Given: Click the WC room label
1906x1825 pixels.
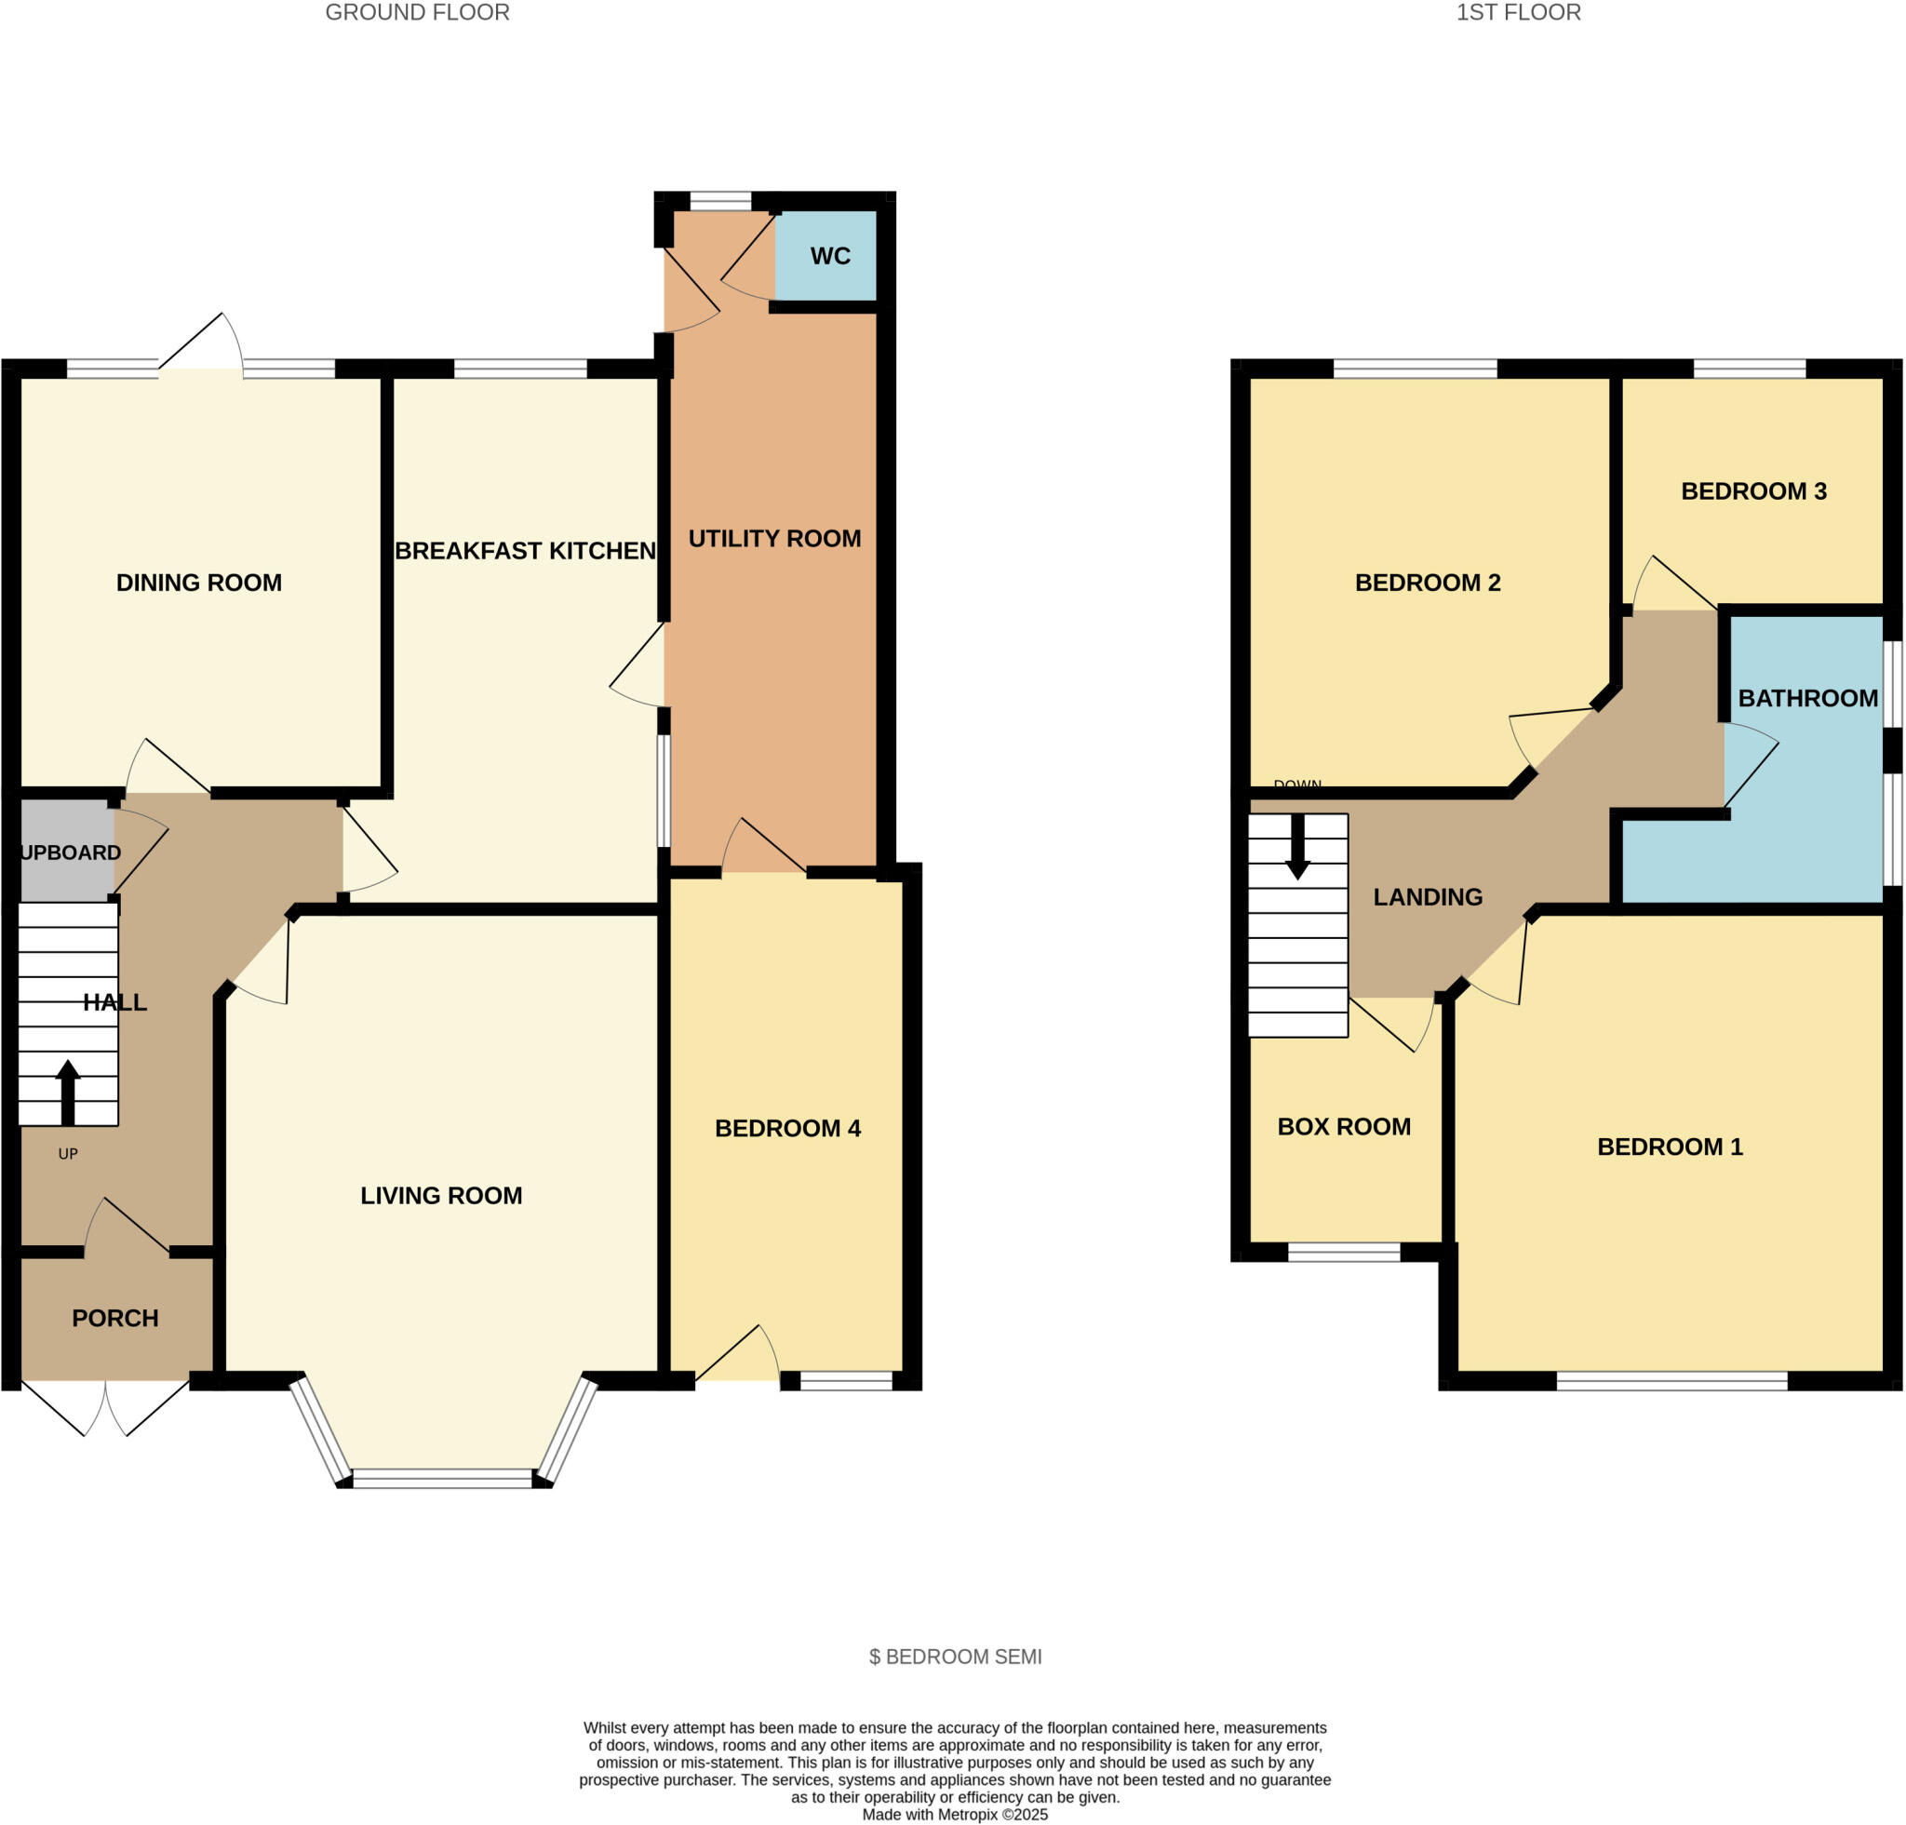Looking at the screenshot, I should click(829, 256).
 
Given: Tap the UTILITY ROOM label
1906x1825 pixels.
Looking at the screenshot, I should click(774, 539).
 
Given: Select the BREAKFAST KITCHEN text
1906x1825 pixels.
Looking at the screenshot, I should click(525, 551).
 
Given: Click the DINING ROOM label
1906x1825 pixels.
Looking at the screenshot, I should click(198, 583).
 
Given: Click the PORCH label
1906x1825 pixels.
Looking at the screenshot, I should click(114, 1319).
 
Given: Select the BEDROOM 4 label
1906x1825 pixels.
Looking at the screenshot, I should click(786, 1128).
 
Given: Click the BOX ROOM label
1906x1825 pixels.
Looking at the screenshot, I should click(1343, 1126).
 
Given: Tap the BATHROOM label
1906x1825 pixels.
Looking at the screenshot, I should click(1806, 698).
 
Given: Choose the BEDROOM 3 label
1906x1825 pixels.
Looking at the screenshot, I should click(1753, 491).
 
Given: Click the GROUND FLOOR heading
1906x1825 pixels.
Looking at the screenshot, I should click(417, 13).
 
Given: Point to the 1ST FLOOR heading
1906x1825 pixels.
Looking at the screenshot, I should click(1518, 13).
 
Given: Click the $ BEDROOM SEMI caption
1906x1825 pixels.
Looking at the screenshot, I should click(955, 1657).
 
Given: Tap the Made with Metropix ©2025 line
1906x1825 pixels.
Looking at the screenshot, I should click(955, 1815).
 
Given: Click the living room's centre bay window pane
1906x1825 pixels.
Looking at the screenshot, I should click(442, 1479).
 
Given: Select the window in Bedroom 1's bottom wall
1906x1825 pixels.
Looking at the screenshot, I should click(1671, 1381).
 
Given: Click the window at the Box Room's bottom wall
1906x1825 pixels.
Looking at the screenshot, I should click(1343, 1253).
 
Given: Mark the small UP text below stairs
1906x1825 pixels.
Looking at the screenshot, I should click(67, 1154).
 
